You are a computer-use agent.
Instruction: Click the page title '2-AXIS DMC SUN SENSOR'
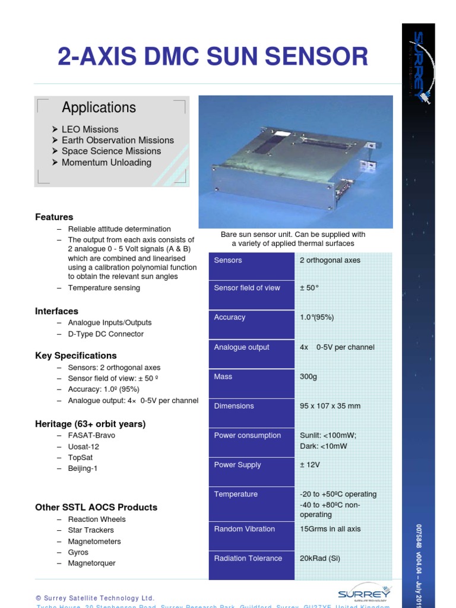click(213, 57)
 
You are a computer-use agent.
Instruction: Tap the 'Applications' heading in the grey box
click(99, 107)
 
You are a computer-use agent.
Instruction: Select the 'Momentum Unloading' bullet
click(106, 162)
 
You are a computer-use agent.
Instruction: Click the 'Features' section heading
click(54, 217)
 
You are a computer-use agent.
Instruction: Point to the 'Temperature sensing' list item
click(104, 288)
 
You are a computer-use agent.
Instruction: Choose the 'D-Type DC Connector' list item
click(106, 334)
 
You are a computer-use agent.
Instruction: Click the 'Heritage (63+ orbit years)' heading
click(90, 424)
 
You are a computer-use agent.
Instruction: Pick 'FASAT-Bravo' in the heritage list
click(91, 435)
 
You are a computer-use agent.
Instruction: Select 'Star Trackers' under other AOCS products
click(91, 530)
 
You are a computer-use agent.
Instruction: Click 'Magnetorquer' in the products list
click(91, 563)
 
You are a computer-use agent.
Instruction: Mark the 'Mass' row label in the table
click(223, 376)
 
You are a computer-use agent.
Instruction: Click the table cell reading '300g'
click(308, 376)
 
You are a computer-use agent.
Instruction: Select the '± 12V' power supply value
click(310, 465)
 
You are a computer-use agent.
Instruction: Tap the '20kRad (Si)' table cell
click(324, 558)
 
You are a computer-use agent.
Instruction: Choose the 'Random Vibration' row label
click(244, 529)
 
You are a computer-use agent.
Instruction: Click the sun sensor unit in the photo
click(291, 169)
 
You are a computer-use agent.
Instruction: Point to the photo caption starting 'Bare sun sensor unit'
click(293, 239)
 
